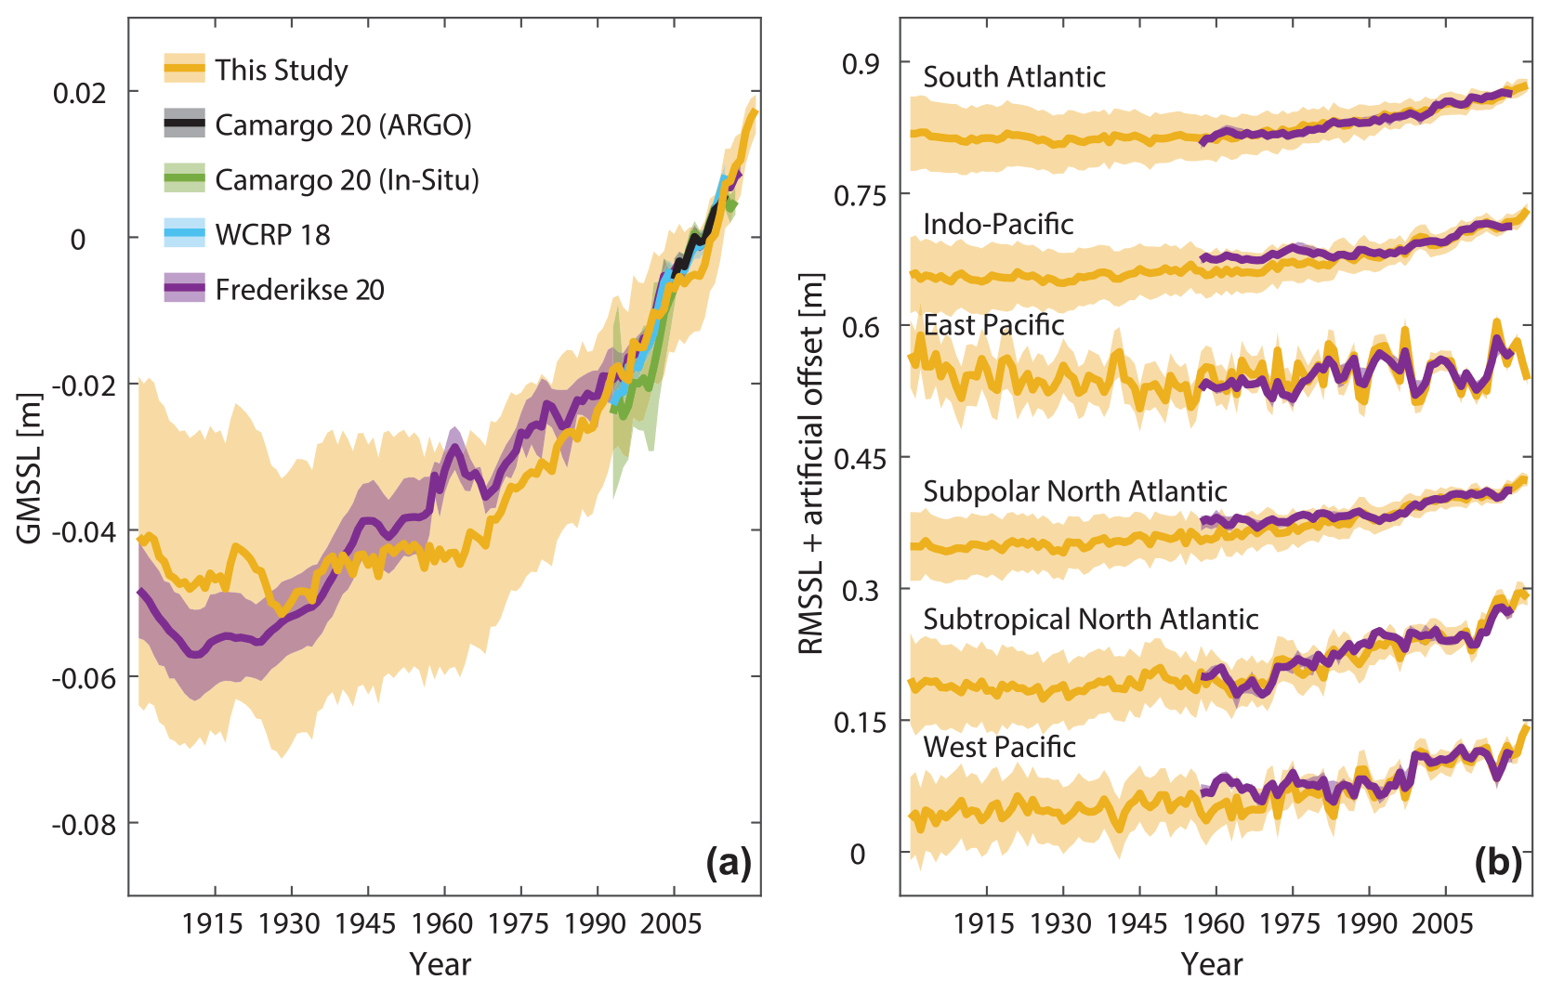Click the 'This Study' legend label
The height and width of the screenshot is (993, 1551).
(x=281, y=70)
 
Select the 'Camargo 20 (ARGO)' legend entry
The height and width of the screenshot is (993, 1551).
(x=343, y=124)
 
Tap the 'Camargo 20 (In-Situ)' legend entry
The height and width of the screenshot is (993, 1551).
(x=347, y=179)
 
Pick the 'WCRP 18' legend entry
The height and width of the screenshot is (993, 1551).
(x=272, y=235)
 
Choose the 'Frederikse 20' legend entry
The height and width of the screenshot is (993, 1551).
(x=299, y=290)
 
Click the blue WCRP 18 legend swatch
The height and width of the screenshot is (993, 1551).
(x=184, y=233)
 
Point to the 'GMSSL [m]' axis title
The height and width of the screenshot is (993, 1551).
(x=30, y=468)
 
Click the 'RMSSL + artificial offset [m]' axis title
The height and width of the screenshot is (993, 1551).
(x=811, y=464)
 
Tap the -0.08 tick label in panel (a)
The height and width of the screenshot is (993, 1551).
(x=84, y=824)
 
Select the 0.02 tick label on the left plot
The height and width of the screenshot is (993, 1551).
(x=80, y=93)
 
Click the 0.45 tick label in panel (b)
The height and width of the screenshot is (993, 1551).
(x=856, y=458)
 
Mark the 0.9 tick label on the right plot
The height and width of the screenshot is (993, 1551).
(x=861, y=63)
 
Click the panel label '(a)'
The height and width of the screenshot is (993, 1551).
(x=728, y=863)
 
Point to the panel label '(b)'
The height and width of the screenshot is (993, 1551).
(x=1498, y=863)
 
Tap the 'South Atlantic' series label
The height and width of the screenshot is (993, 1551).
(x=1014, y=77)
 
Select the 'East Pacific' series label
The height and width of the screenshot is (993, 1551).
(x=993, y=325)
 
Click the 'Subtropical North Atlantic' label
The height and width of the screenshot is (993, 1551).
(x=1090, y=620)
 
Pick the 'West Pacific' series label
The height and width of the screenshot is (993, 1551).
(x=999, y=747)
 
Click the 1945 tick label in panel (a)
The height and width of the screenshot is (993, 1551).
(x=365, y=923)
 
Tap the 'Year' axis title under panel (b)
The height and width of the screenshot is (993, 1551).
(x=1212, y=964)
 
